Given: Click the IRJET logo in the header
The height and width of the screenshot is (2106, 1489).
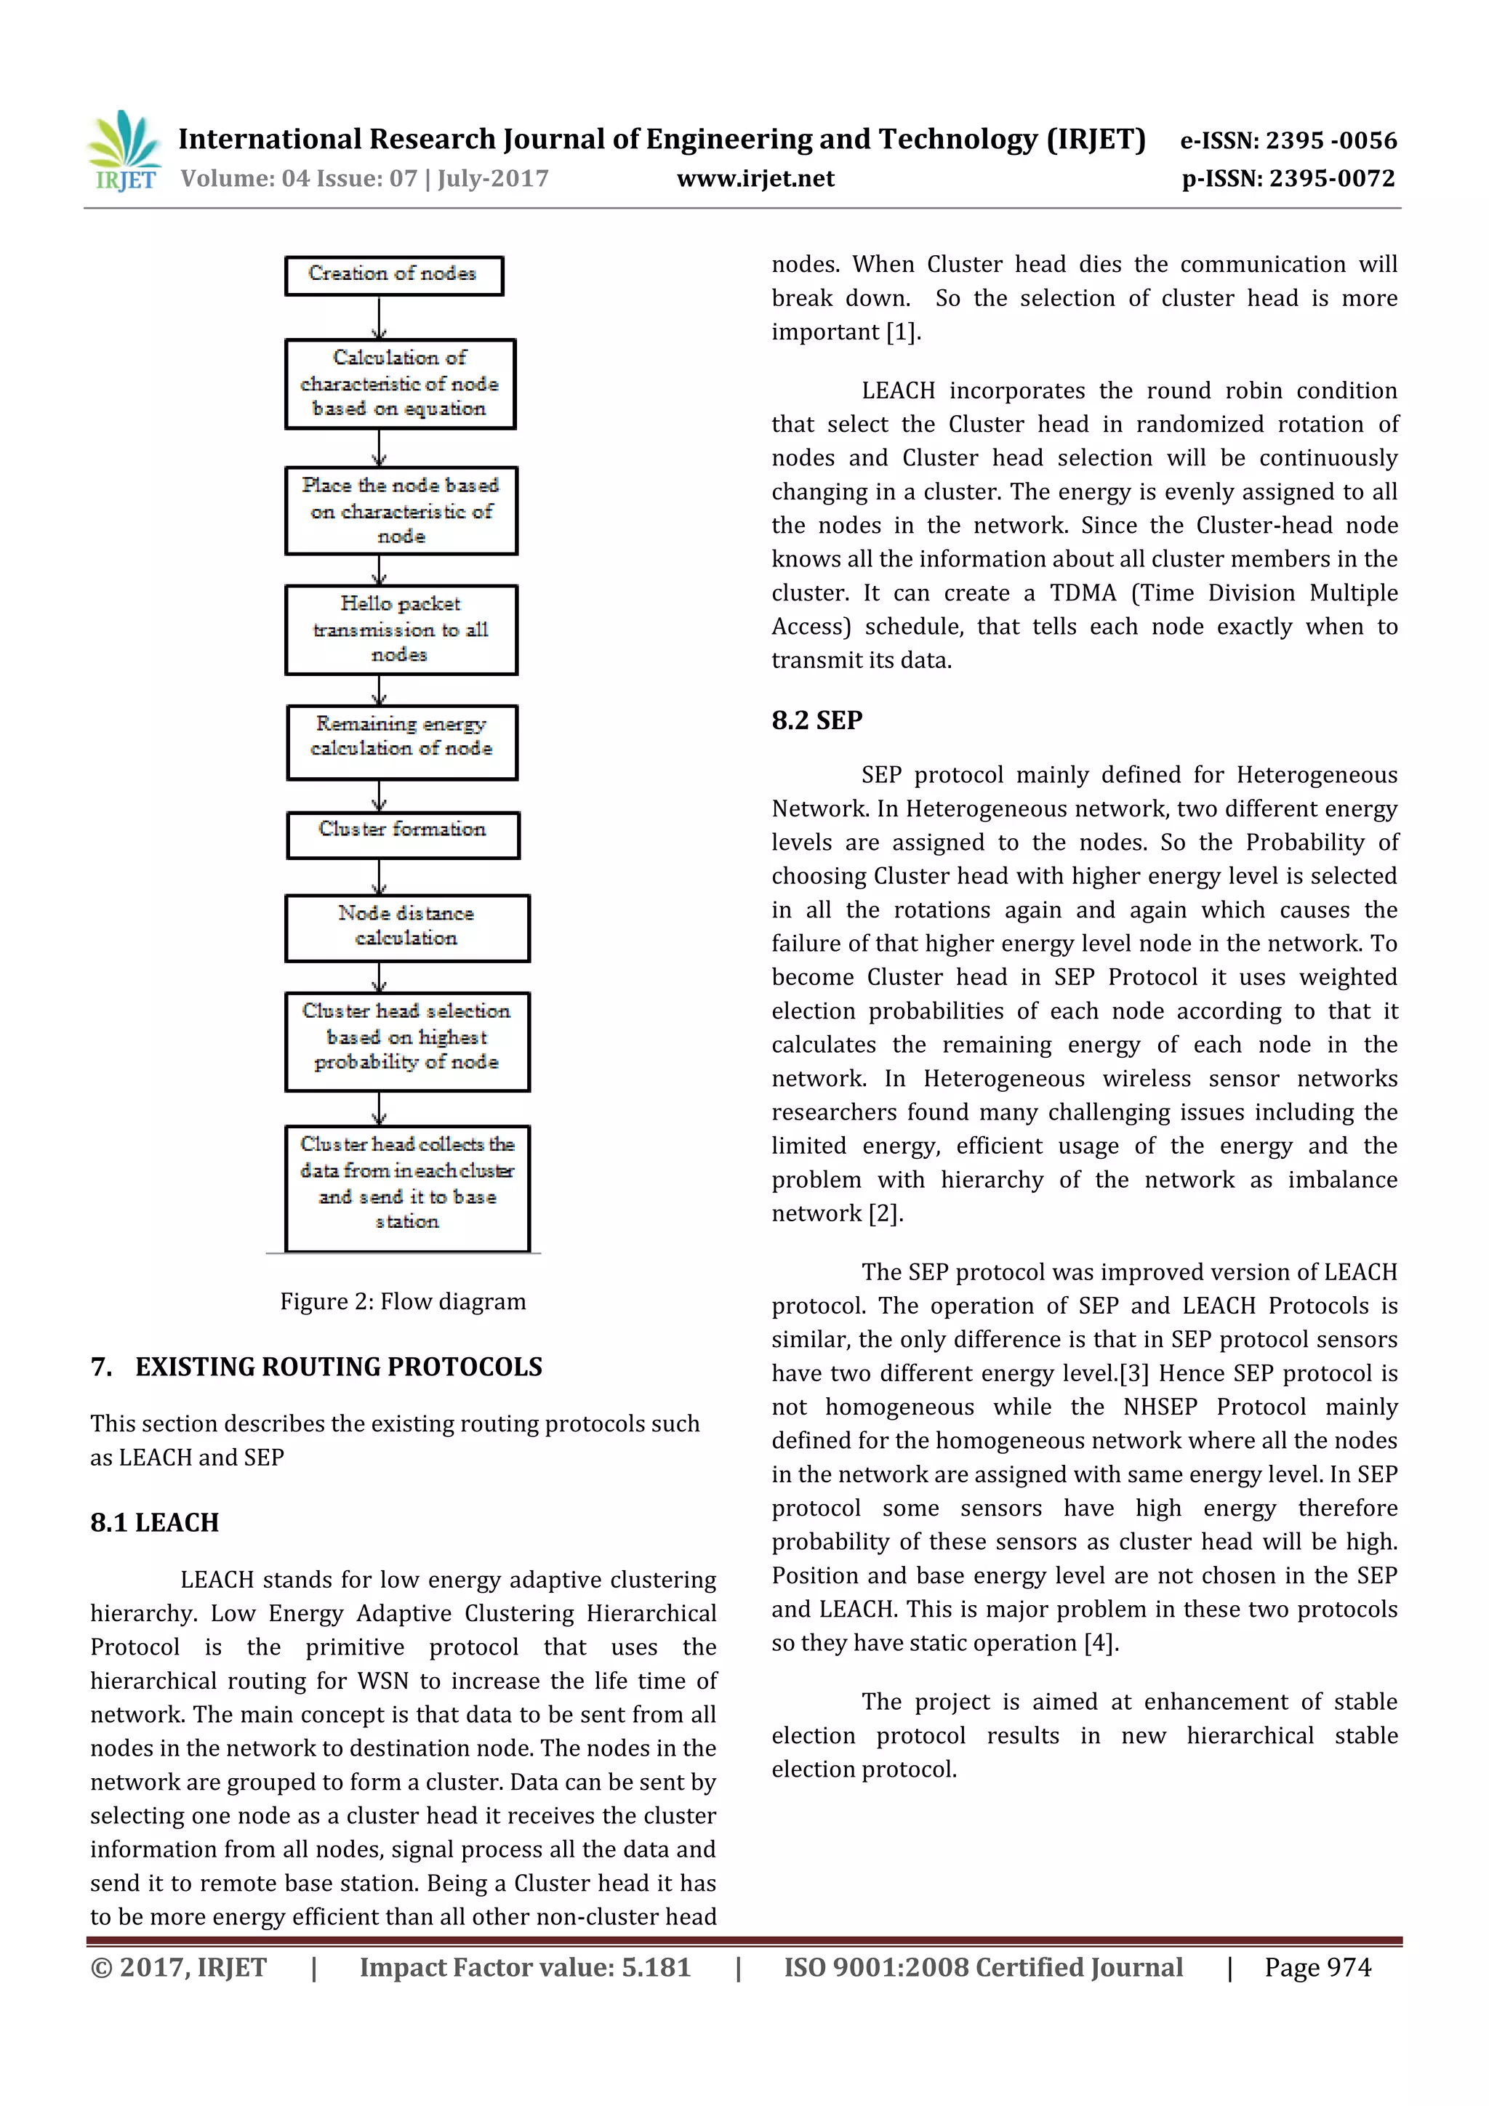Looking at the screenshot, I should [x=124, y=151].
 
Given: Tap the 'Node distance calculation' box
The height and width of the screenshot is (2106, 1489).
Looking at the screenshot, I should [x=406, y=928].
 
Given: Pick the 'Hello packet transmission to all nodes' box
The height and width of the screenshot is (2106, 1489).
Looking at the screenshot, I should [x=401, y=630].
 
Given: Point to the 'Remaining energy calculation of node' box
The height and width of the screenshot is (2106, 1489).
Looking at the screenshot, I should [x=402, y=741].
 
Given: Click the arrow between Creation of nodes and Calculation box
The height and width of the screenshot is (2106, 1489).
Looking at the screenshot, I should [x=379, y=318].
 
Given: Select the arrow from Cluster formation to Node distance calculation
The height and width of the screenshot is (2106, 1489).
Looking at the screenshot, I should [x=379, y=877].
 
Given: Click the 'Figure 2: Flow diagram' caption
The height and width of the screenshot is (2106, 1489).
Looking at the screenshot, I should [x=403, y=1301].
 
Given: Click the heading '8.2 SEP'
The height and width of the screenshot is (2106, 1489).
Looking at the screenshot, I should [x=816, y=720].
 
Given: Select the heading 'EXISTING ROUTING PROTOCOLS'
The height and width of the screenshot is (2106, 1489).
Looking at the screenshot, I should [x=339, y=1367].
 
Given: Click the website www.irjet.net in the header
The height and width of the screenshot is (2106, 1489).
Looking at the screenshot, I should [x=755, y=178].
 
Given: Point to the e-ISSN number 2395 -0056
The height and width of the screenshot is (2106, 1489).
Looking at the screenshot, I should [x=1331, y=140].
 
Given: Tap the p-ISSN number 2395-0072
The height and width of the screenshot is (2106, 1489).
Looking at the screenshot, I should [x=1331, y=178].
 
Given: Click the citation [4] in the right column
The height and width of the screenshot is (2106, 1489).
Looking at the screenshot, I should [x=1100, y=1643].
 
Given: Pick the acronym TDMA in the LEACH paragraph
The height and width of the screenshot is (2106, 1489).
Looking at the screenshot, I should [x=1083, y=592].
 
